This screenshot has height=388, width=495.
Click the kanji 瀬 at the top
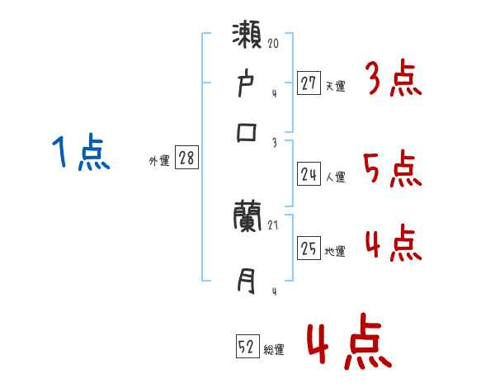coord(248,39)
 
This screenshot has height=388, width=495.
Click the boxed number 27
coord(309,83)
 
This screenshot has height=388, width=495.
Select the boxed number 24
coord(309,174)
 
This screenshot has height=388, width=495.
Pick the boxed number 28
coord(186,159)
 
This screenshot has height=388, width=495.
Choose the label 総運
coord(274,350)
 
